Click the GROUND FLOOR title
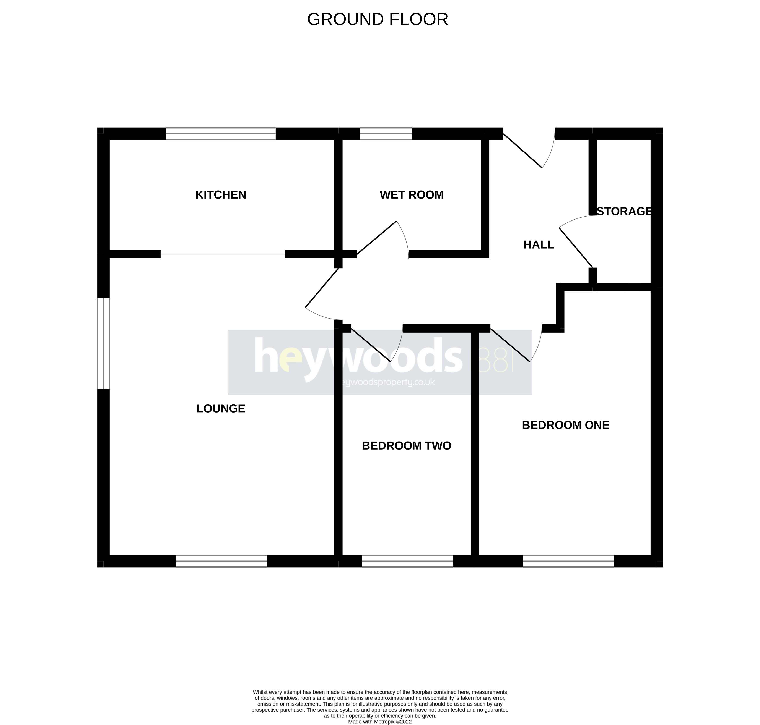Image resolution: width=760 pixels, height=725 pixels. pos(378,19)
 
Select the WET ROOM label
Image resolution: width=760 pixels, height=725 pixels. pos(412,195)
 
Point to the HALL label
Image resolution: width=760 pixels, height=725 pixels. pos(538,245)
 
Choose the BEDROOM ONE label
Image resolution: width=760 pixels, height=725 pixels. pos(565,425)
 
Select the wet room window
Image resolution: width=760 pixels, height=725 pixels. pos(386,134)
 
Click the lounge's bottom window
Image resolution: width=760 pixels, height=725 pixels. pos(221,561)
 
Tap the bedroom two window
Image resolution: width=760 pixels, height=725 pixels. pos(407,561)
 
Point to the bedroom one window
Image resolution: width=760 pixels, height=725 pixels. pos(568,561)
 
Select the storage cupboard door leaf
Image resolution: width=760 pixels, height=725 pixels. pos(576,247)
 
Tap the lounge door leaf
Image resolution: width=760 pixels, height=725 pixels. pos(322,288)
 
